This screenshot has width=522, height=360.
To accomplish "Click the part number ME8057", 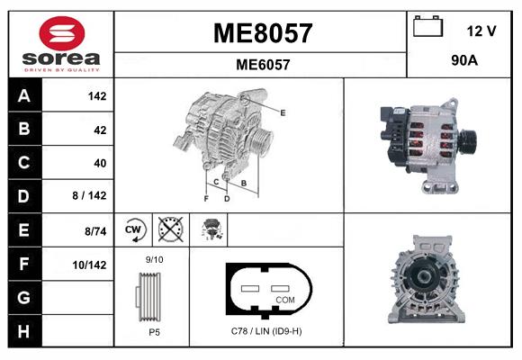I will [x=262, y=33].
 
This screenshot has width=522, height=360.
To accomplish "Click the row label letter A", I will [x=23, y=96].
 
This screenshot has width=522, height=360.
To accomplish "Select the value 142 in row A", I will [x=96, y=96].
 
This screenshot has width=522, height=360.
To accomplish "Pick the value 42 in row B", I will [x=99, y=130].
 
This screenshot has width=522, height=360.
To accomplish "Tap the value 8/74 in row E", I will [x=94, y=231].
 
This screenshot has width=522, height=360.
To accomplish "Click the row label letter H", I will [x=23, y=331].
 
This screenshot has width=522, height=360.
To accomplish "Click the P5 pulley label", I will [x=155, y=331].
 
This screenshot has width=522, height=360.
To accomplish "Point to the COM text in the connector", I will [x=285, y=299].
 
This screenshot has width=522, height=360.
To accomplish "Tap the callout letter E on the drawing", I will [x=283, y=112].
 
